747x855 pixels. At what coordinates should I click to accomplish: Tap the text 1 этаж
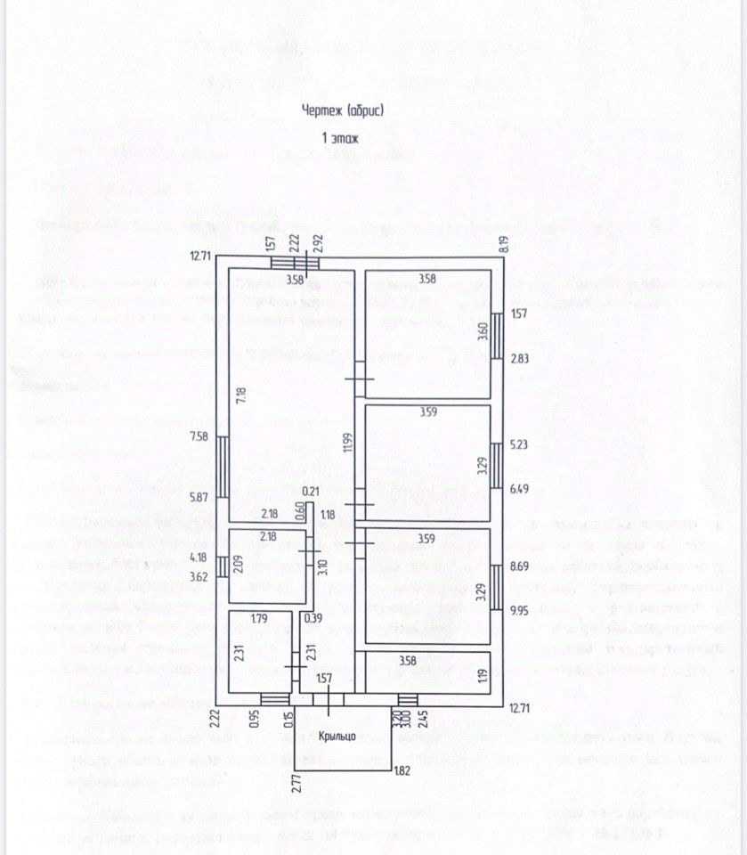340,138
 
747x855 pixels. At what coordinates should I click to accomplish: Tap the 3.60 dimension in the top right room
483,330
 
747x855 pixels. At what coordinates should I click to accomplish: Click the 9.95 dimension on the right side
519,610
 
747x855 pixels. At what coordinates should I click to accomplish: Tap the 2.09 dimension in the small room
238,564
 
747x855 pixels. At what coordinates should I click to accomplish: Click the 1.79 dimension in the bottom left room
260,618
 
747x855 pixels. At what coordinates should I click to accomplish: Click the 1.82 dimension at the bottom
402,771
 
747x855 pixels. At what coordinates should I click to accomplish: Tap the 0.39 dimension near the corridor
312,618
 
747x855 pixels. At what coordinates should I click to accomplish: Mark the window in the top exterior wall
296,262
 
